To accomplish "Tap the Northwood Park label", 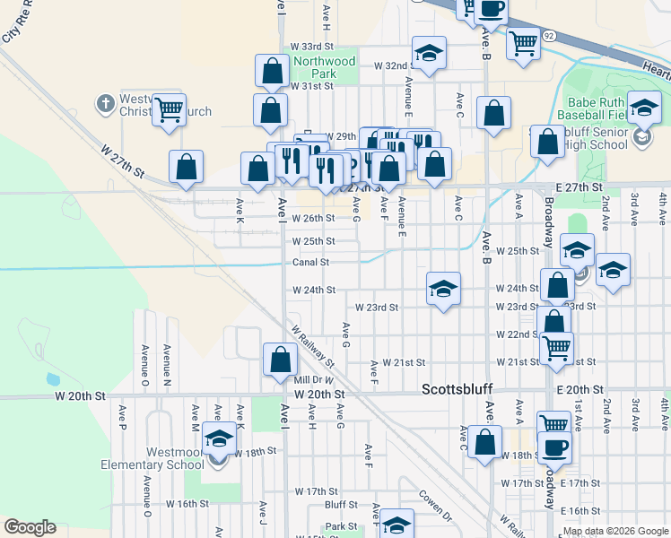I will pos(325,67).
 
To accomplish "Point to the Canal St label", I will pos(311,263).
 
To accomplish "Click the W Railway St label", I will pos(311,346).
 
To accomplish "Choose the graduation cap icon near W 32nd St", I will pos(429,53).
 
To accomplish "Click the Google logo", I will pos(30,527).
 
